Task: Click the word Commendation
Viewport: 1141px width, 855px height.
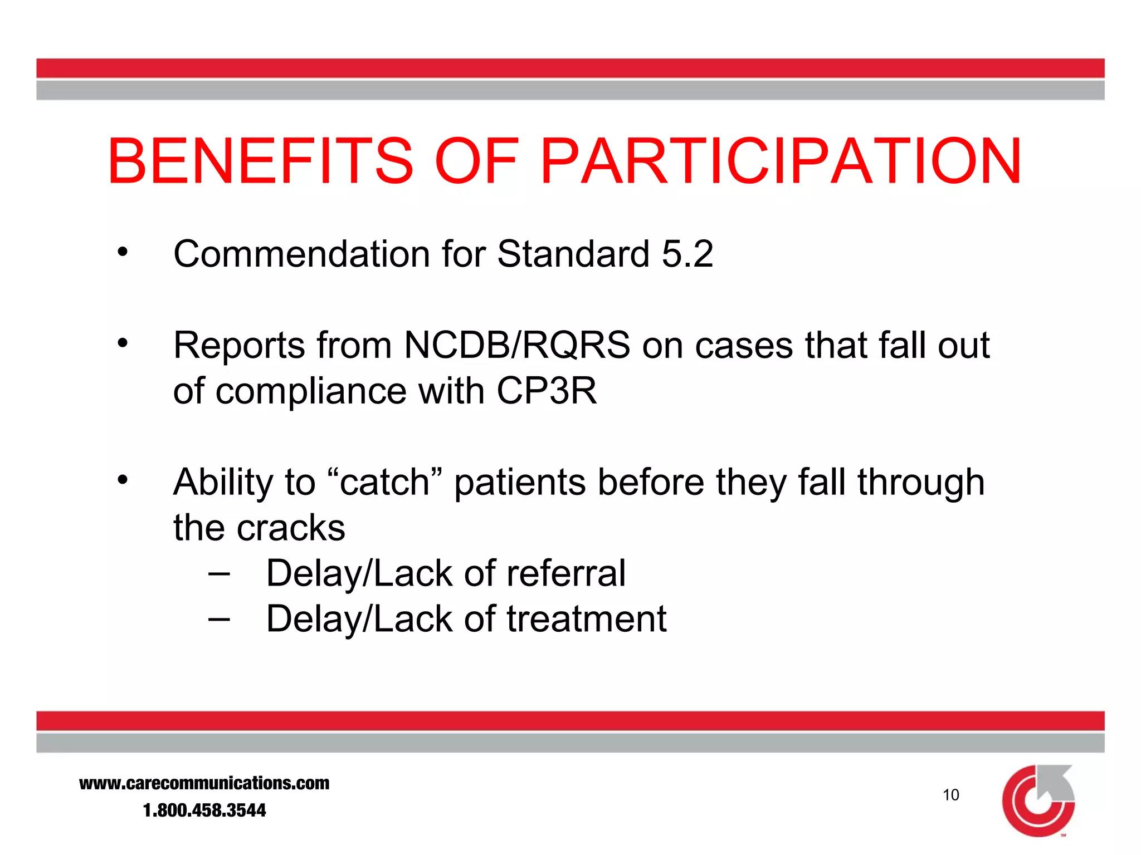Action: tap(301, 254)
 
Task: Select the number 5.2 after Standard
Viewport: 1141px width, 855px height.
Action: tap(687, 254)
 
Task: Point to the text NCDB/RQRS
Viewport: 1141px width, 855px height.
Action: tap(517, 346)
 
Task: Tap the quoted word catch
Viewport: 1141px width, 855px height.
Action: tap(384, 482)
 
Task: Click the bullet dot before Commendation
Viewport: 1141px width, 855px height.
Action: tap(123, 252)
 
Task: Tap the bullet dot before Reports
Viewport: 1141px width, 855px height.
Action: tap(123, 343)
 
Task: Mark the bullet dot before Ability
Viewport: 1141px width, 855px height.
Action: tap(123, 479)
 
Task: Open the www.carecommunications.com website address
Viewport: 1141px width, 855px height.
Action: tap(204, 783)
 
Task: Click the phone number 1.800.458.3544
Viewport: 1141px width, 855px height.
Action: tap(204, 810)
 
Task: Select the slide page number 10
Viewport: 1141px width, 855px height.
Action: tap(950, 795)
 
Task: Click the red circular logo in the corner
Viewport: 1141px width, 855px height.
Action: tap(1038, 800)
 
